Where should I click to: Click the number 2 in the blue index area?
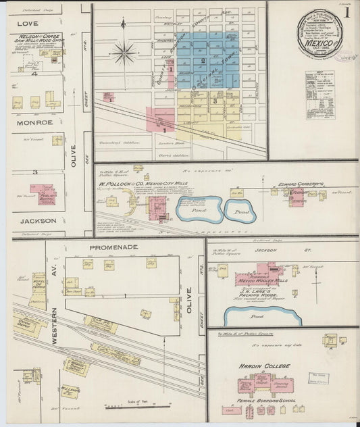tap(203, 61)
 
